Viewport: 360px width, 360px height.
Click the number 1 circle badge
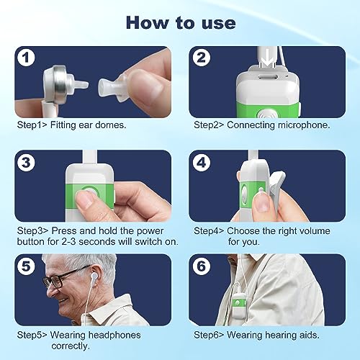coord(26,58)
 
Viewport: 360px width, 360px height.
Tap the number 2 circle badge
coord(202,58)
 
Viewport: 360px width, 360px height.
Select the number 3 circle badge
coord(26,163)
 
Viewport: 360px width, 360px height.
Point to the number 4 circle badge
coord(202,163)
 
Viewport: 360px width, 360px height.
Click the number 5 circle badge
coord(26,266)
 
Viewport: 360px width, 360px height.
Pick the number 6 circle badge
coord(202,266)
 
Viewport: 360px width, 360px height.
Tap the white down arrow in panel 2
coord(268,61)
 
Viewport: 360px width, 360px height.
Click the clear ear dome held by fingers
coord(113,88)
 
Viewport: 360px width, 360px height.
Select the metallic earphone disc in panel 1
coord(58,84)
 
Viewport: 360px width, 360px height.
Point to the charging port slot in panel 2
coord(267,78)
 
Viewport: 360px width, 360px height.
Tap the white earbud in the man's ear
coord(94,276)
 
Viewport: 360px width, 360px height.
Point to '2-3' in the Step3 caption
coord(68,241)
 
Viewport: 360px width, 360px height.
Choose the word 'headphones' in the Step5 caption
coord(95,335)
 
